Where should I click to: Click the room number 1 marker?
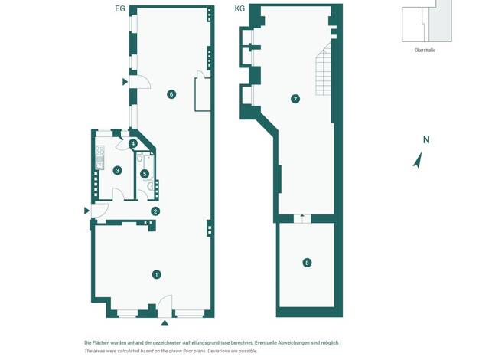tap(156, 275)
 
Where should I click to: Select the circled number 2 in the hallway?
tap(155, 211)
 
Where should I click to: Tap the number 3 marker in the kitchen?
tap(117, 170)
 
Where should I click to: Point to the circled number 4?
tap(132, 143)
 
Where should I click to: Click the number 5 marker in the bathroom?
tap(145, 174)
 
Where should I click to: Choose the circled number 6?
tap(171, 94)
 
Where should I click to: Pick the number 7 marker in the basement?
tap(295, 99)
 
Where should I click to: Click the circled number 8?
tap(307, 263)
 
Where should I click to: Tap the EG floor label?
tap(120, 8)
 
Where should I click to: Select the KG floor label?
tap(239, 8)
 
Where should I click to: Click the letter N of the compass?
tap(426, 139)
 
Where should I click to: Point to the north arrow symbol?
tap(418, 160)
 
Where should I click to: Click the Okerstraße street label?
tap(425, 50)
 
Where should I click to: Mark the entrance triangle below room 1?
tap(165, 322)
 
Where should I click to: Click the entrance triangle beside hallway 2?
tap(86, 211)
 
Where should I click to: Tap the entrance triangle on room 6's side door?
tap(125, 82)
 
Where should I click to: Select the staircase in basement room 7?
tap(324, 69)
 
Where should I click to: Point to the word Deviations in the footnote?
tap(216, 351)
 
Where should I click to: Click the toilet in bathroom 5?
tap(140, 159)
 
